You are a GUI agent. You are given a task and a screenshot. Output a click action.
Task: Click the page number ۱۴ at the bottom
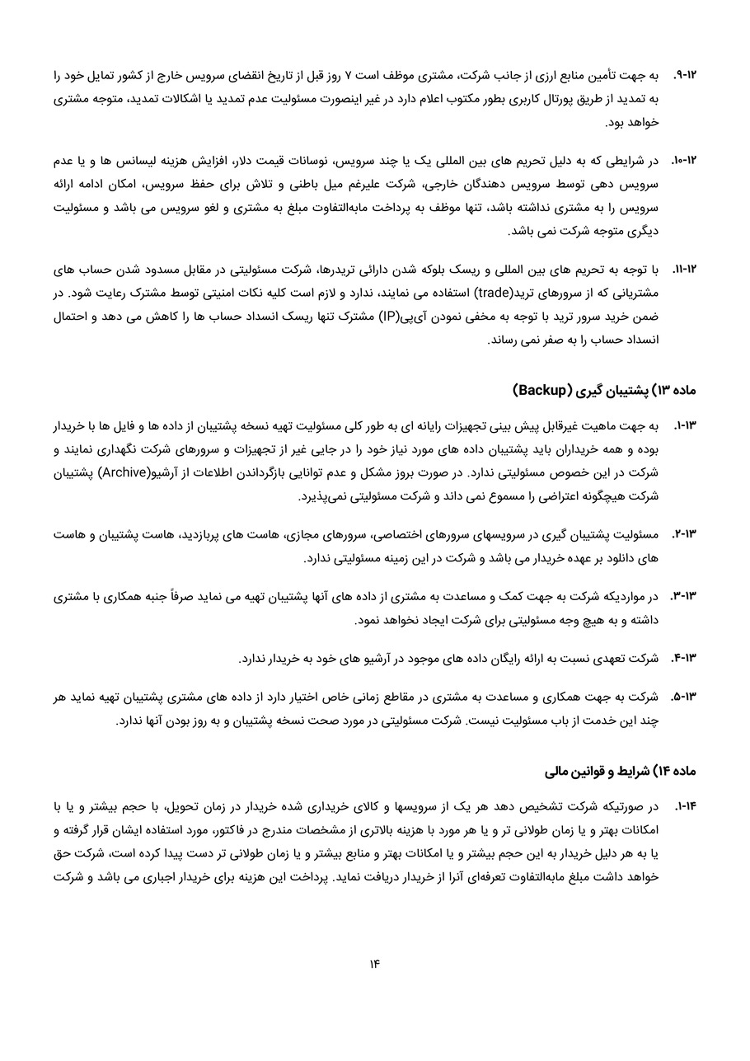pyautogui.click(x=374, y=964)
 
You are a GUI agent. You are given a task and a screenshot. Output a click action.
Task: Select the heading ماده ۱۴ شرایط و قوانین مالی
pyautogui.click(x=621, y=772)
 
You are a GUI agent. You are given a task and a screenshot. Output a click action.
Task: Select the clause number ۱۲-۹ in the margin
pyautogui.click(x=686, y=75)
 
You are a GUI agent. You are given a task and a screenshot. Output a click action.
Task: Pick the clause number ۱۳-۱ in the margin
pyautogui.click(x=686, y=426)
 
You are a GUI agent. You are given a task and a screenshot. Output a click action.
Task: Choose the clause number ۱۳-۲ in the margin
pyautogui.click(x=685, y=534)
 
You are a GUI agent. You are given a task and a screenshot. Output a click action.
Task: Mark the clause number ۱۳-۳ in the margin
pyautogui.click(x=685, y=595)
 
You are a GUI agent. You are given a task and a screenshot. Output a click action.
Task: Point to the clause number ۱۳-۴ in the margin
pyautogui.click(x=685, y=658)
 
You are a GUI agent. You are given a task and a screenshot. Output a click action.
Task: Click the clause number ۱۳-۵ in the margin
pyautogui.click(x=685, y=697)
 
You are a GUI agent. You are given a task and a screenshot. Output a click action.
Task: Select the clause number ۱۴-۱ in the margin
pyautogui.click(x=686, y=805)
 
